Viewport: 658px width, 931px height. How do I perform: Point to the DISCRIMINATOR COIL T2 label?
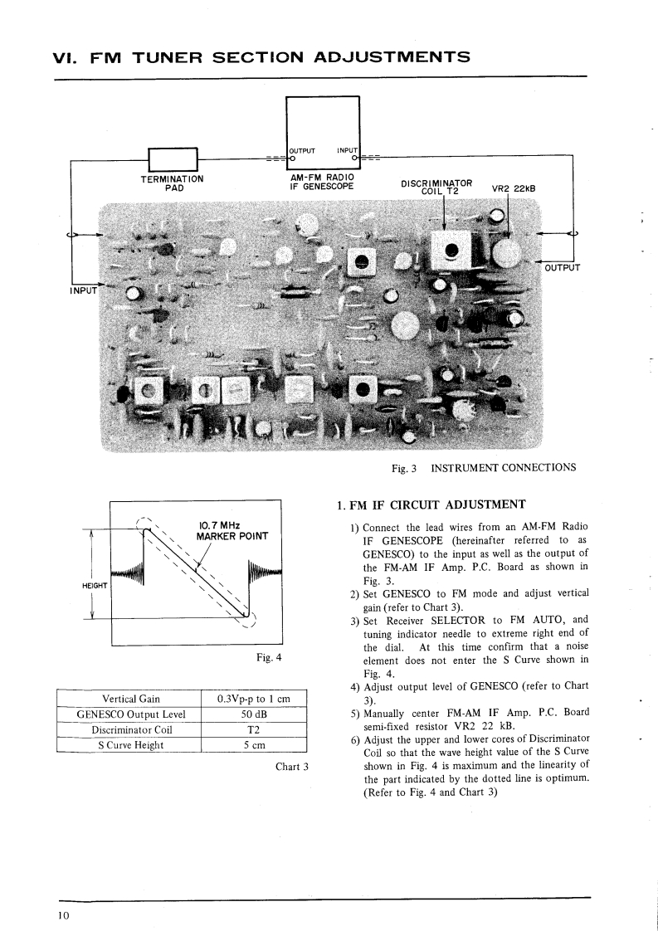[436, 186]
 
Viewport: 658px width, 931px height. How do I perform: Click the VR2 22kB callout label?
[514, 188]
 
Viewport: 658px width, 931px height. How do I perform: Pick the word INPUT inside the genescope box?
[347, 150]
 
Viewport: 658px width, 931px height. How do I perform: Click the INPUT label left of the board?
[82, 290]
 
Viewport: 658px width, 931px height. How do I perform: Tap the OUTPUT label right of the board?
[561, 267]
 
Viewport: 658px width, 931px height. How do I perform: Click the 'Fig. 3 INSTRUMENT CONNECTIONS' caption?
[483, 467]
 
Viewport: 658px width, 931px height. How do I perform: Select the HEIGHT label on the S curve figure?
[96, 586]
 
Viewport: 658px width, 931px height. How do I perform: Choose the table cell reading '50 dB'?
[253, 714]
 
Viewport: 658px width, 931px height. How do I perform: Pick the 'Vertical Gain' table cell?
[130, 699]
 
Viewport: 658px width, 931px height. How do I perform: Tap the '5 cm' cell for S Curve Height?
[253, 744]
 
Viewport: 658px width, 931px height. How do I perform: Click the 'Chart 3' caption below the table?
[291, 766]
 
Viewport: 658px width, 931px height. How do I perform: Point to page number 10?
[63, 915]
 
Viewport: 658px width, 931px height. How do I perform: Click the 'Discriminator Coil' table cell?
[130, 729]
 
